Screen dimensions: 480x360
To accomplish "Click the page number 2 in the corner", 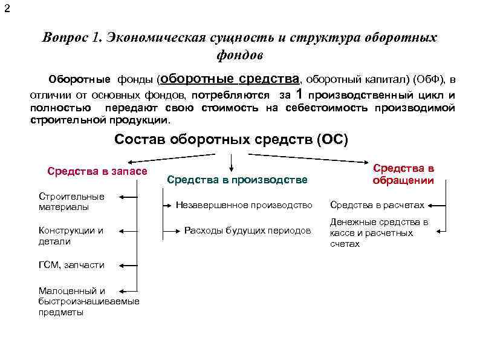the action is point(6,8).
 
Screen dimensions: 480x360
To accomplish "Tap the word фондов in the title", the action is point(241,55).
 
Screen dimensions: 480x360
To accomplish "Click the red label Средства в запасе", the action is point(97,171).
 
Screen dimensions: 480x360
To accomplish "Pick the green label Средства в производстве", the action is point(237,180).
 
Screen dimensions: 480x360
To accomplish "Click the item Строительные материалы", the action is point(71,201).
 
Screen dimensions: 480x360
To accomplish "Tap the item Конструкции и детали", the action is point(71,236).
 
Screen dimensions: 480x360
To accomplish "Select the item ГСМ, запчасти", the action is point(71,265).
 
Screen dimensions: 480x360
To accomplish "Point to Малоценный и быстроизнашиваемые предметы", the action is point(88,301).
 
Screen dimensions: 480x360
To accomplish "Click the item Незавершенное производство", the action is point(244,205).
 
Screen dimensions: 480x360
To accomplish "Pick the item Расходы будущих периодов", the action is point(247,231).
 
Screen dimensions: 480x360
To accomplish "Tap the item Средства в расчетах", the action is point(377,205).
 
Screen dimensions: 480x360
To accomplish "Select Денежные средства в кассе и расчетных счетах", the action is point(378,233).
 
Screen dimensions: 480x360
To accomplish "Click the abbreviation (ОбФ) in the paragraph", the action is point(427,79).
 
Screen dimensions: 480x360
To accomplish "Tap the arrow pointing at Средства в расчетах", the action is point(438,205).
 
